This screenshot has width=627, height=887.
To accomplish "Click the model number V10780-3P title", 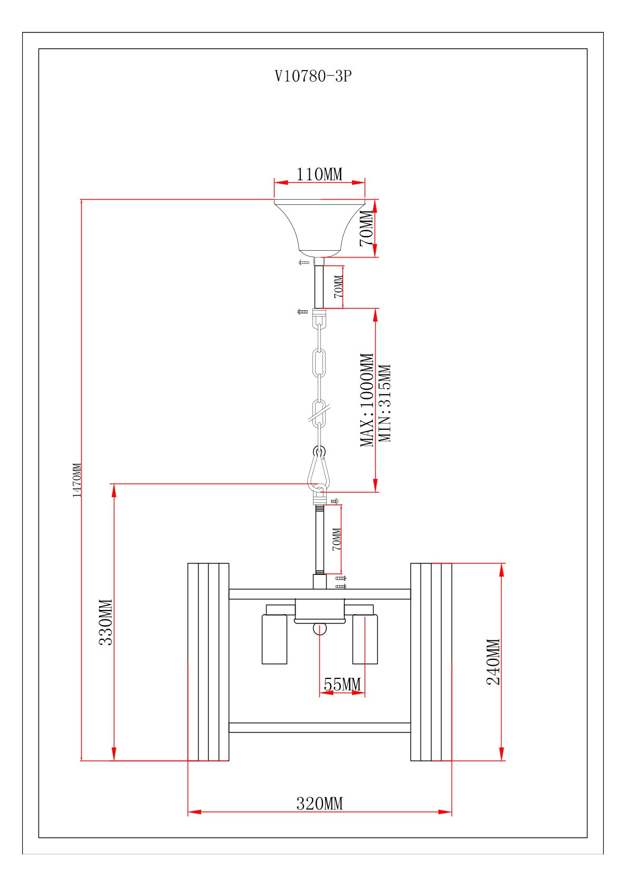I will (313, 76).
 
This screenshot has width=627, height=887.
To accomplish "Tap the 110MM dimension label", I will (319, 174).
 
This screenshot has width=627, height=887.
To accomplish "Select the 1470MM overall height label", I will (77, 480).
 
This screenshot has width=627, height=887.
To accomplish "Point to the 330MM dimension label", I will (106, 622).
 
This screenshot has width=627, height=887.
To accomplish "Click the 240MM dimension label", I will (493, 662).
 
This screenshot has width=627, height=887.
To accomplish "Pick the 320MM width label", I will (319, 804).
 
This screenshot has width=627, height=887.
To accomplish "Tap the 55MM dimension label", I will (342, 685).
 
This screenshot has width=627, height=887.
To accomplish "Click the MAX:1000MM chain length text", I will (367, 400).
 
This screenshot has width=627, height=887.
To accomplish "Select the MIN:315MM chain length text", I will (385, 403).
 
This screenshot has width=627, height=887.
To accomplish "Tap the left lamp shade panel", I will (208, 662).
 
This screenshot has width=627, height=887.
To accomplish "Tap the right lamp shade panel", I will (431, 662).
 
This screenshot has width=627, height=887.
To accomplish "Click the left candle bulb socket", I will (275, 638).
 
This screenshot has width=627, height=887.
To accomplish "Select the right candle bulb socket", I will (365, 638).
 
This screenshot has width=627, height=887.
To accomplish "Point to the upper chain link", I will (319, 363).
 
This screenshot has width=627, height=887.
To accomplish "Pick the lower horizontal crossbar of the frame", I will (319, 728).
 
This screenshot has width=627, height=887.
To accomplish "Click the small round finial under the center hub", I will (320, 629).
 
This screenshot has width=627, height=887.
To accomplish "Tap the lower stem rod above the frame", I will (319, 539).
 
